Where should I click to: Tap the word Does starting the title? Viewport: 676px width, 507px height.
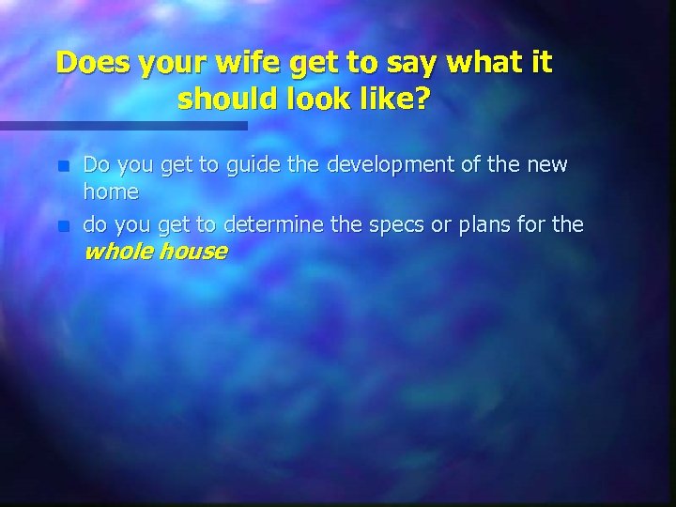point(93,63)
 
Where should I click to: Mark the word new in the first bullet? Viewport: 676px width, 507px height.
point(546,166)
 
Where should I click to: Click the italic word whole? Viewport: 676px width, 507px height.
point(118,251)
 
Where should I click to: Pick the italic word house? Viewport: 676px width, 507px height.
point(192,251)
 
